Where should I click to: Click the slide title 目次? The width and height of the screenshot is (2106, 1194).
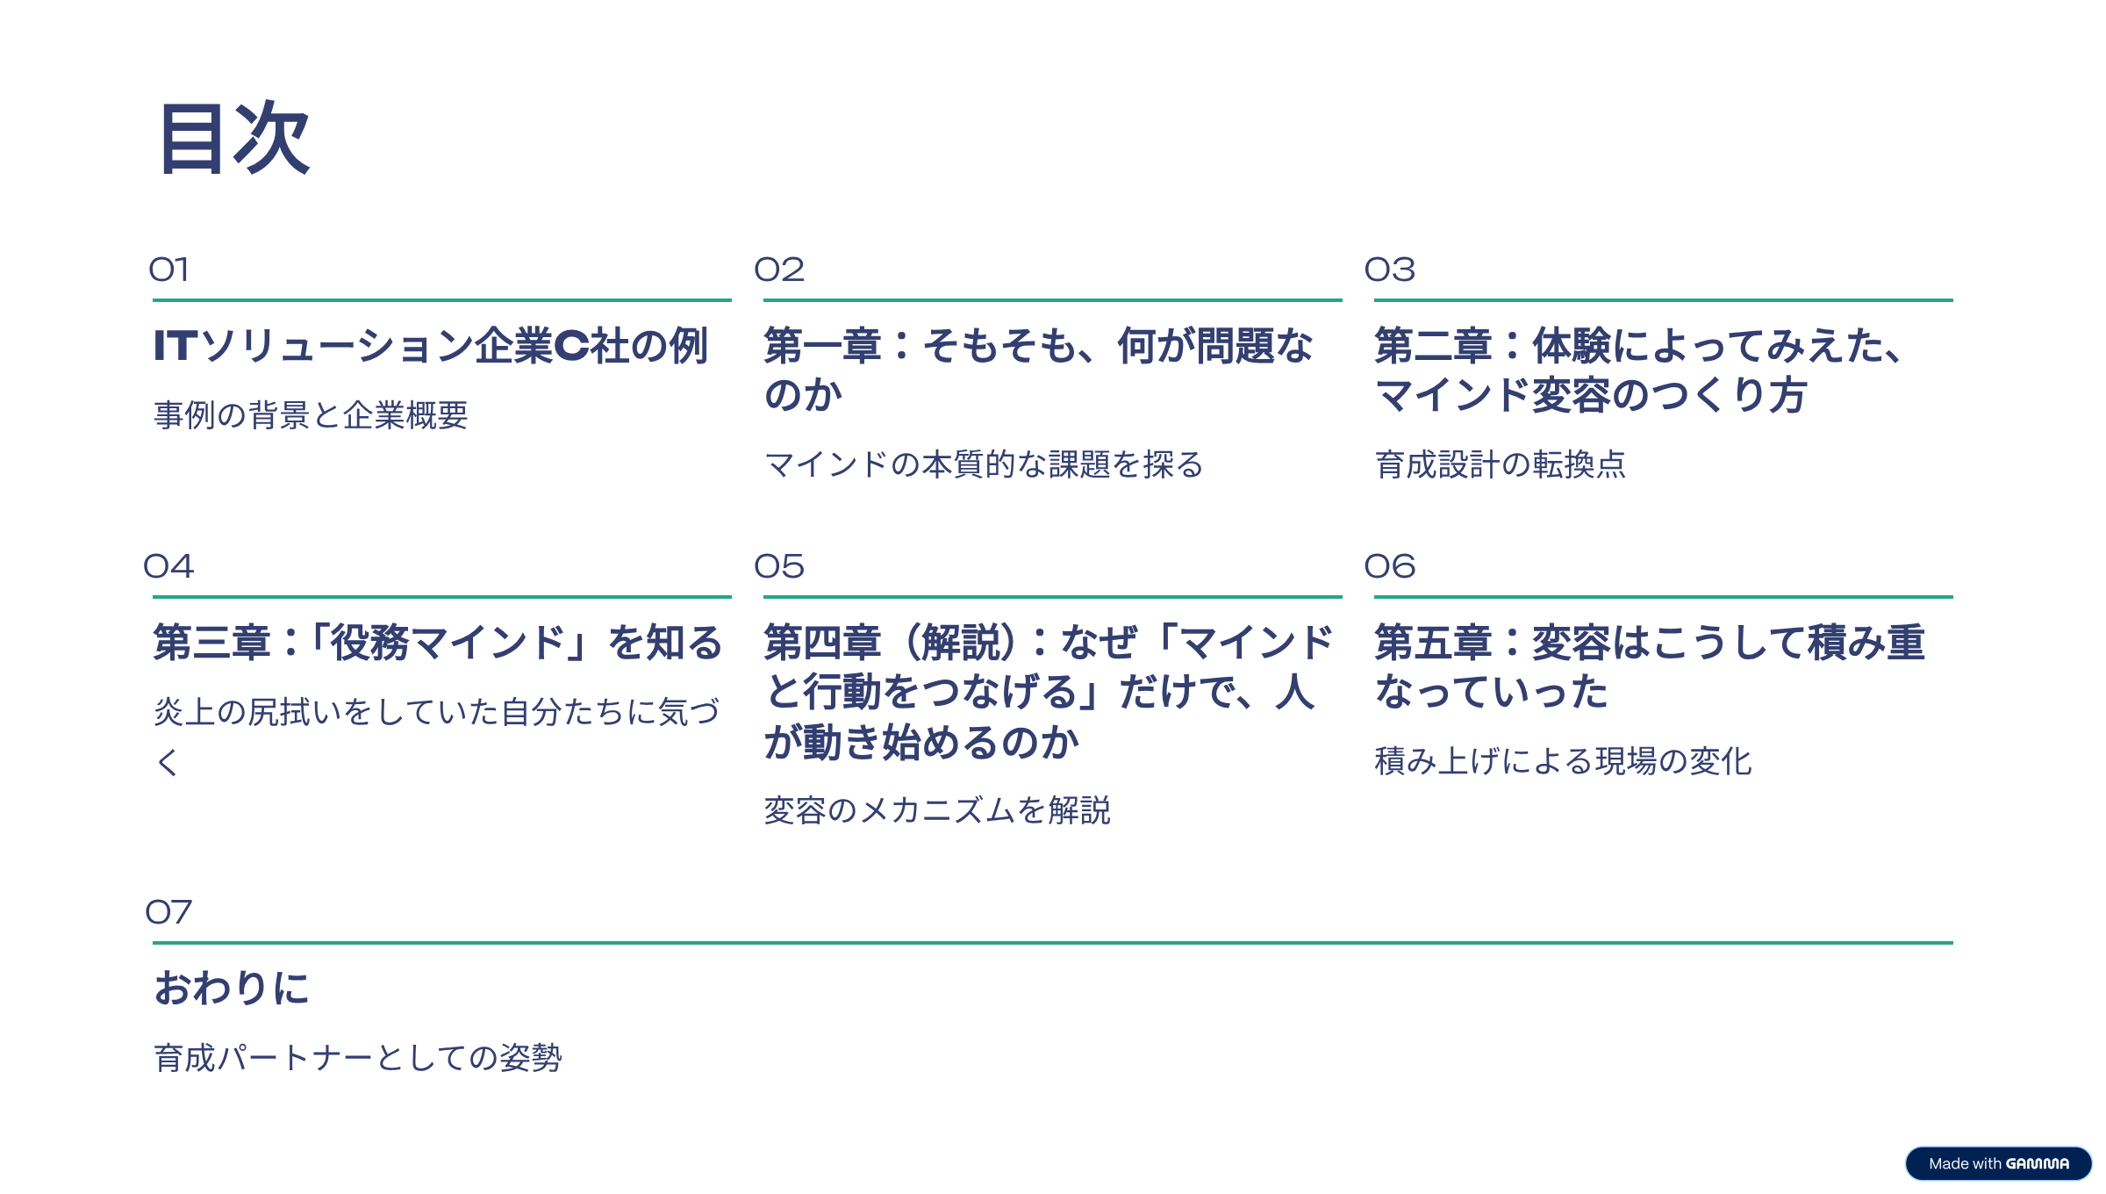[233, 139]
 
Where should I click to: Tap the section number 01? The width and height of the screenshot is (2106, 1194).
[168, 270]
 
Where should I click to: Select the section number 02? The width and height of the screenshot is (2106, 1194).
[779, 270]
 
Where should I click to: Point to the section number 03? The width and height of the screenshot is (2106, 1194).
[1390, 270]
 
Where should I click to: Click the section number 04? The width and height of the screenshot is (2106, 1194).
[168, 566]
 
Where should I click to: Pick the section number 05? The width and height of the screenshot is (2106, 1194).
[779, 566]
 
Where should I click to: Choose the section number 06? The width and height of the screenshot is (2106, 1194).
[1390, 566]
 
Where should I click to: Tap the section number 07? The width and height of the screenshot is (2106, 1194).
[168, 912]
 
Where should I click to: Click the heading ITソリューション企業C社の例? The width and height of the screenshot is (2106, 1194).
[430, 346]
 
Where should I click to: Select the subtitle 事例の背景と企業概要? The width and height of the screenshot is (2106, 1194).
[311, 415]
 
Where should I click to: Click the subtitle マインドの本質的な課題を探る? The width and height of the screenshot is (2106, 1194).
[984, 464]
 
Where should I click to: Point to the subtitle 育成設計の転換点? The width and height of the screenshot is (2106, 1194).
[1501, 464]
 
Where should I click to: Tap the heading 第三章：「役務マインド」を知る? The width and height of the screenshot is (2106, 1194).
[437, 643]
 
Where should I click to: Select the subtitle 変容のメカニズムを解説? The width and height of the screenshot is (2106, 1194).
[937, 810]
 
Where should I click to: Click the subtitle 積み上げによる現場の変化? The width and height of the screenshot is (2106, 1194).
[1563, 761]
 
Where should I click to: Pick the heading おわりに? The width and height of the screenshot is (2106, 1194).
[232, 988]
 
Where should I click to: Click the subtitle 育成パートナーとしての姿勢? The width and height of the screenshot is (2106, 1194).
[357, 1058]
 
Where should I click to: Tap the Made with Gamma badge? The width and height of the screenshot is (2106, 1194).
[1998, 1163]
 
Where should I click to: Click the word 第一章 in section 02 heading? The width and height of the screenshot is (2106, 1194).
[822, 346]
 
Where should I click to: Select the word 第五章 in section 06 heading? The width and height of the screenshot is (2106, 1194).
[1433, 643]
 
